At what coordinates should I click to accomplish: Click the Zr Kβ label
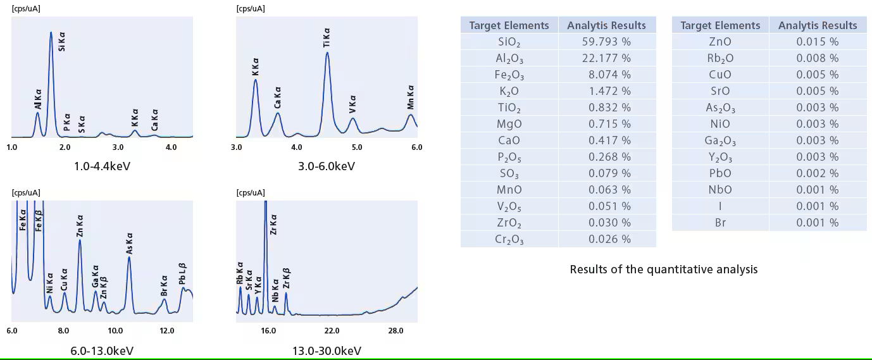(286, 279)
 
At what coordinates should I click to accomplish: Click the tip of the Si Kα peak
(51, 32)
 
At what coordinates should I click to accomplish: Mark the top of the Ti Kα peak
(327, 53)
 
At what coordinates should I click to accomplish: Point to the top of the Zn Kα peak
(80, 240)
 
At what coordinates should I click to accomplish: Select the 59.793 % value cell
(606, 42)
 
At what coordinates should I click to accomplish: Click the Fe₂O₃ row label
(509, 75)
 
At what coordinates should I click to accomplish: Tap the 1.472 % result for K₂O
(606, 91)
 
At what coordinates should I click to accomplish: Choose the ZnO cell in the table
(720, 42)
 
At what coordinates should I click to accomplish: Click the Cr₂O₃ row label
(509, 239)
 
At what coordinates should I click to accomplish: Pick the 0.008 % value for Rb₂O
(818, 58)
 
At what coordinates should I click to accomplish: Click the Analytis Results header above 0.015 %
(818, 25)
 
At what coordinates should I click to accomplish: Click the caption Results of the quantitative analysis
(663, 270)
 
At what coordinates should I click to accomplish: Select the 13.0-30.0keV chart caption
(327, 351)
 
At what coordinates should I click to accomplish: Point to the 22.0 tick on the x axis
(332, 331)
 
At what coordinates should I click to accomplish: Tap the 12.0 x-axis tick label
(166, 331)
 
